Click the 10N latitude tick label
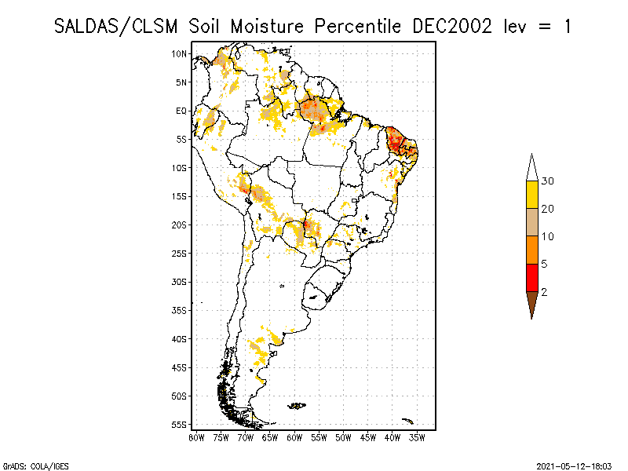coord(180,53)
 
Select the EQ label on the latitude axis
coord(181,111)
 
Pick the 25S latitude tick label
coord(180,253)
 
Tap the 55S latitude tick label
coord(180,424)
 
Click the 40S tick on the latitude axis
coord(180,338)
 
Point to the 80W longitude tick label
coord(196,436)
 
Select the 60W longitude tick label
coord(294,436)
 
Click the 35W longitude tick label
coord(417,436)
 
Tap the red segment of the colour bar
coord(532,277)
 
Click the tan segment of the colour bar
coord(532,222)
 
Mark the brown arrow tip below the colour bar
coord(532,305)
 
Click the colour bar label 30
coord(548,181)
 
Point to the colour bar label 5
coord(545,264)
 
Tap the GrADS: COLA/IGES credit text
coord(27,465)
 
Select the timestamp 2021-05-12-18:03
coord(575,465)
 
